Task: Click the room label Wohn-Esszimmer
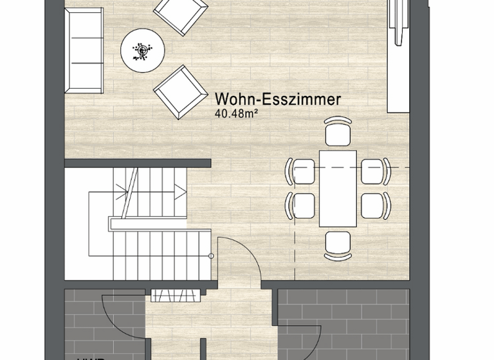(x=277, y=100)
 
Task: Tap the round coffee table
(x=142, y=49)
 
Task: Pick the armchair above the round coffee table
(x=181, y=12)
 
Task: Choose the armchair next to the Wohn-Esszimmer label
(x=179, y=91)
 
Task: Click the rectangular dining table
(x=338, y=188)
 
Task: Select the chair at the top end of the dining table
(x=338, y=132)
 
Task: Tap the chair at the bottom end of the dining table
(x=338, y=245)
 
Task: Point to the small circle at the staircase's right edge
(x=211, y=256)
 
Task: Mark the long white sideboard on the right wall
(x=399, y=58)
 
